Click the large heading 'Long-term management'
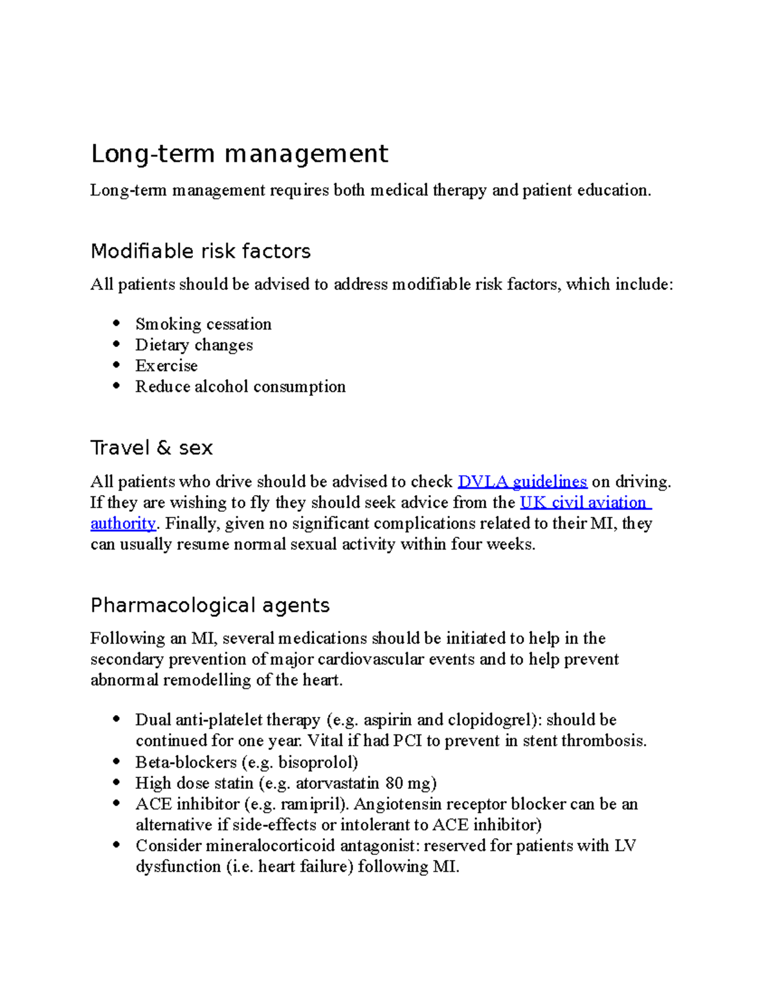tap(239, 155)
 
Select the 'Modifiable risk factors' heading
tap(201, 251)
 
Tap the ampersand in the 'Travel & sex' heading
tap(163, 448)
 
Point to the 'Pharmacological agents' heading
tap(210, 605)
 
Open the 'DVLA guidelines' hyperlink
tap(522, 482)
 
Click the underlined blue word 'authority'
tap(123, 523)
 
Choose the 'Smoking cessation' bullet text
tap(203, 324)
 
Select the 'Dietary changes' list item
tap(194, 345)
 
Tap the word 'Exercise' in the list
tap(166, 366)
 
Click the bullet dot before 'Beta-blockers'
tap(116, 762)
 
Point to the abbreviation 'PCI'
tap(407, 741)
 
